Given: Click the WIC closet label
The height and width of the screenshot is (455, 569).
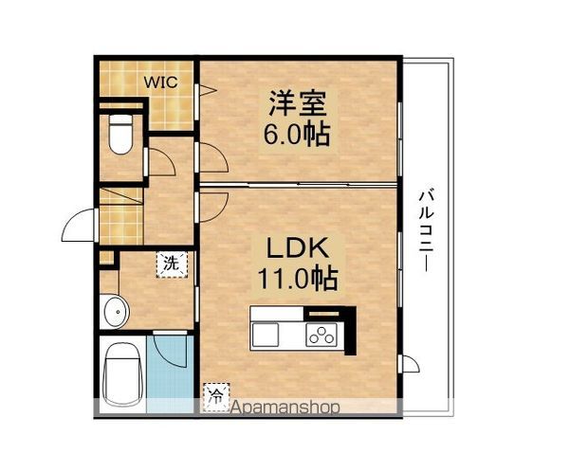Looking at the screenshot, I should pyautogui.click(x=158, y=81).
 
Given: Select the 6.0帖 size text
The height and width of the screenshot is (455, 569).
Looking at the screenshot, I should pyautogui.click(x=296, y=135).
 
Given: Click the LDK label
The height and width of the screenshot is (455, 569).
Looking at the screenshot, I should pyautogui.click(x=296, y=248).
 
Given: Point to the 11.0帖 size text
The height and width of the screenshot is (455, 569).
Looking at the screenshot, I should pyautogui.click(x=296, y=279).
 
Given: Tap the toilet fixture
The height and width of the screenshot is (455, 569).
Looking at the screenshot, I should pyautogui.click(x=119, y=135).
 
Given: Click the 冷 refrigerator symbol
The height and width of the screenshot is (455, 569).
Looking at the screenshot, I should pyautogui.click(x=217, y=391).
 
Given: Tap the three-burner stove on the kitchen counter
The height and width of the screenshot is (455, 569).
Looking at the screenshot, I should pyautogui.click(x=321, y=334).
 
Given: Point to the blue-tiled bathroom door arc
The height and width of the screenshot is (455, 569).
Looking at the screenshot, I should pyautogui.click(x=172, y=351).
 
